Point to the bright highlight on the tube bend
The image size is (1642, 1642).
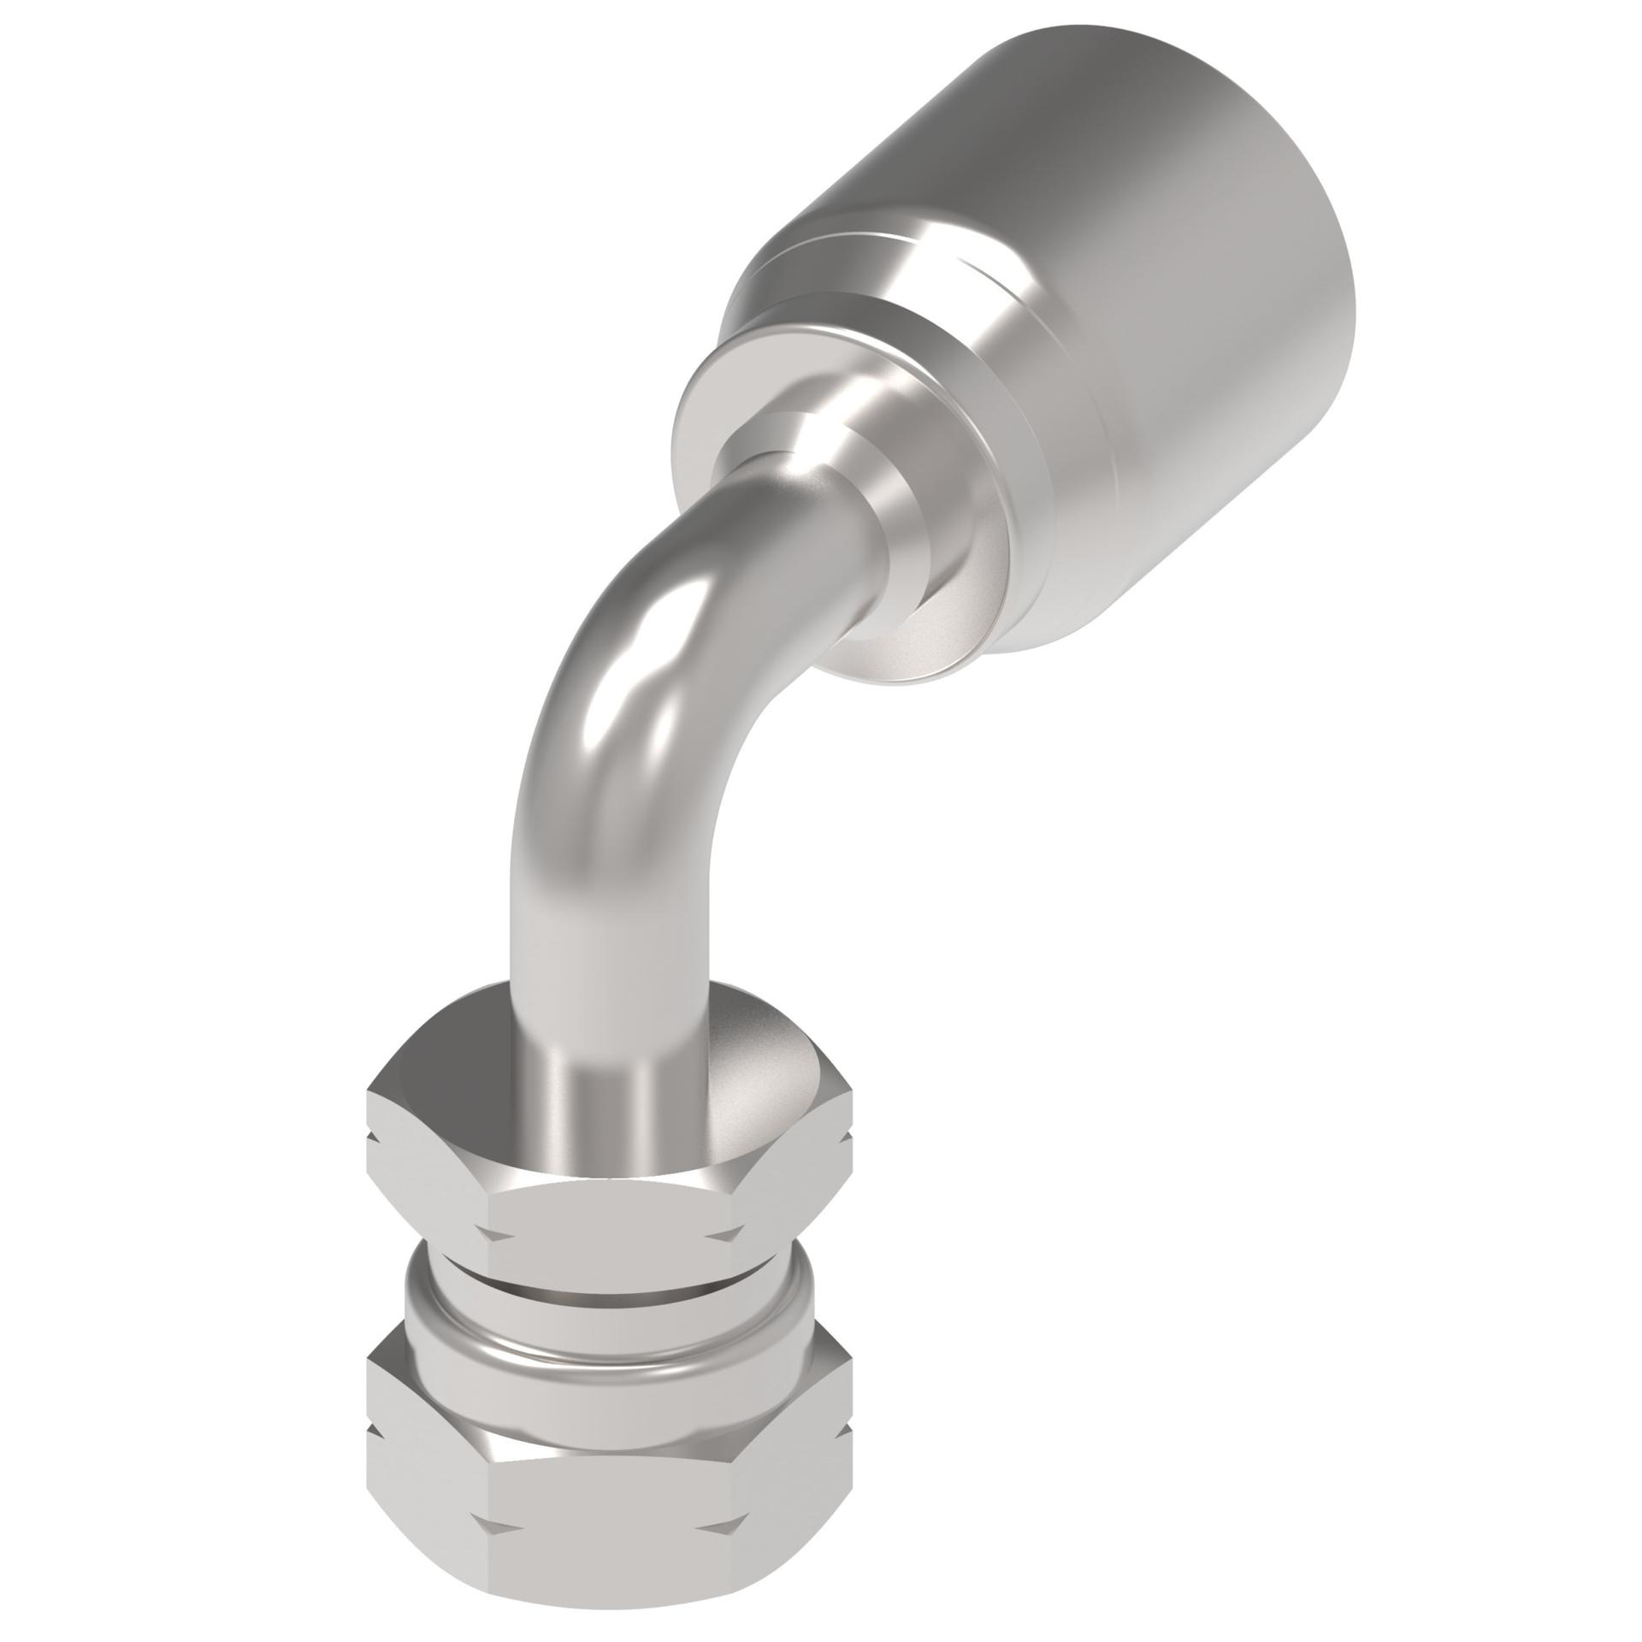click(650, 650)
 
